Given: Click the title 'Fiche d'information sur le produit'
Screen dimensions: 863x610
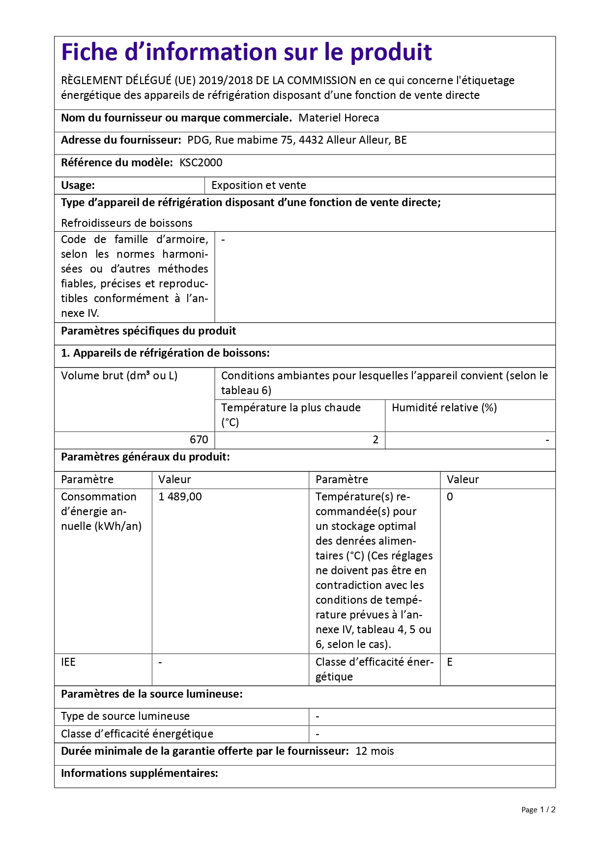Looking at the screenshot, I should point(246,53).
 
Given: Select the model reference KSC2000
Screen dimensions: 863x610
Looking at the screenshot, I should point(201,163).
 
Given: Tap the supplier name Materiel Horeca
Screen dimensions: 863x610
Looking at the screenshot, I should point(339,118).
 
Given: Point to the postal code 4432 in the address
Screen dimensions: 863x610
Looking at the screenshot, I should point(311,140).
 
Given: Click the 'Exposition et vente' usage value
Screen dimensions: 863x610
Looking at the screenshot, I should point(259,185).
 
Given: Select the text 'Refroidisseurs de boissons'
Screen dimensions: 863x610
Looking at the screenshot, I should point(127,223).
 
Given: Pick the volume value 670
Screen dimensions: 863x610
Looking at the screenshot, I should point(199,440).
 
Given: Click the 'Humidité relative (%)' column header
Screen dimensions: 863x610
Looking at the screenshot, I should point(444,408).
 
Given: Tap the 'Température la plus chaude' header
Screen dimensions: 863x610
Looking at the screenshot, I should point(290,408).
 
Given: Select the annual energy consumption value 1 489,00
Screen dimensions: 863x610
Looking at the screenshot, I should point(180,497).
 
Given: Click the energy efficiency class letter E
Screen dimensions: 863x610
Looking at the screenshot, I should point(450,662).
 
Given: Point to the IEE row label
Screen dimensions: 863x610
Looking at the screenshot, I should point(68,662).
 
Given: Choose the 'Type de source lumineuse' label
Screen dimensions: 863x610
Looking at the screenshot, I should point(125,716).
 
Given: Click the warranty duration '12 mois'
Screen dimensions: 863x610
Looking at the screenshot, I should point(375,751).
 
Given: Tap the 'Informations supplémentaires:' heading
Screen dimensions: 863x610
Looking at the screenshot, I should point(140,773).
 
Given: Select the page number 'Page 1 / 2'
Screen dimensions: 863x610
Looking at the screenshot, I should point(538,810).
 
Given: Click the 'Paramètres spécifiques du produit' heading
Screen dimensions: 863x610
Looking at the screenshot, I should point(148,331).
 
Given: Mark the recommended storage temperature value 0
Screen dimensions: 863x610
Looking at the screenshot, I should point(450,497).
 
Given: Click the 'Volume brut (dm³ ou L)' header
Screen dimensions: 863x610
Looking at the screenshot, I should point(119,376).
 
